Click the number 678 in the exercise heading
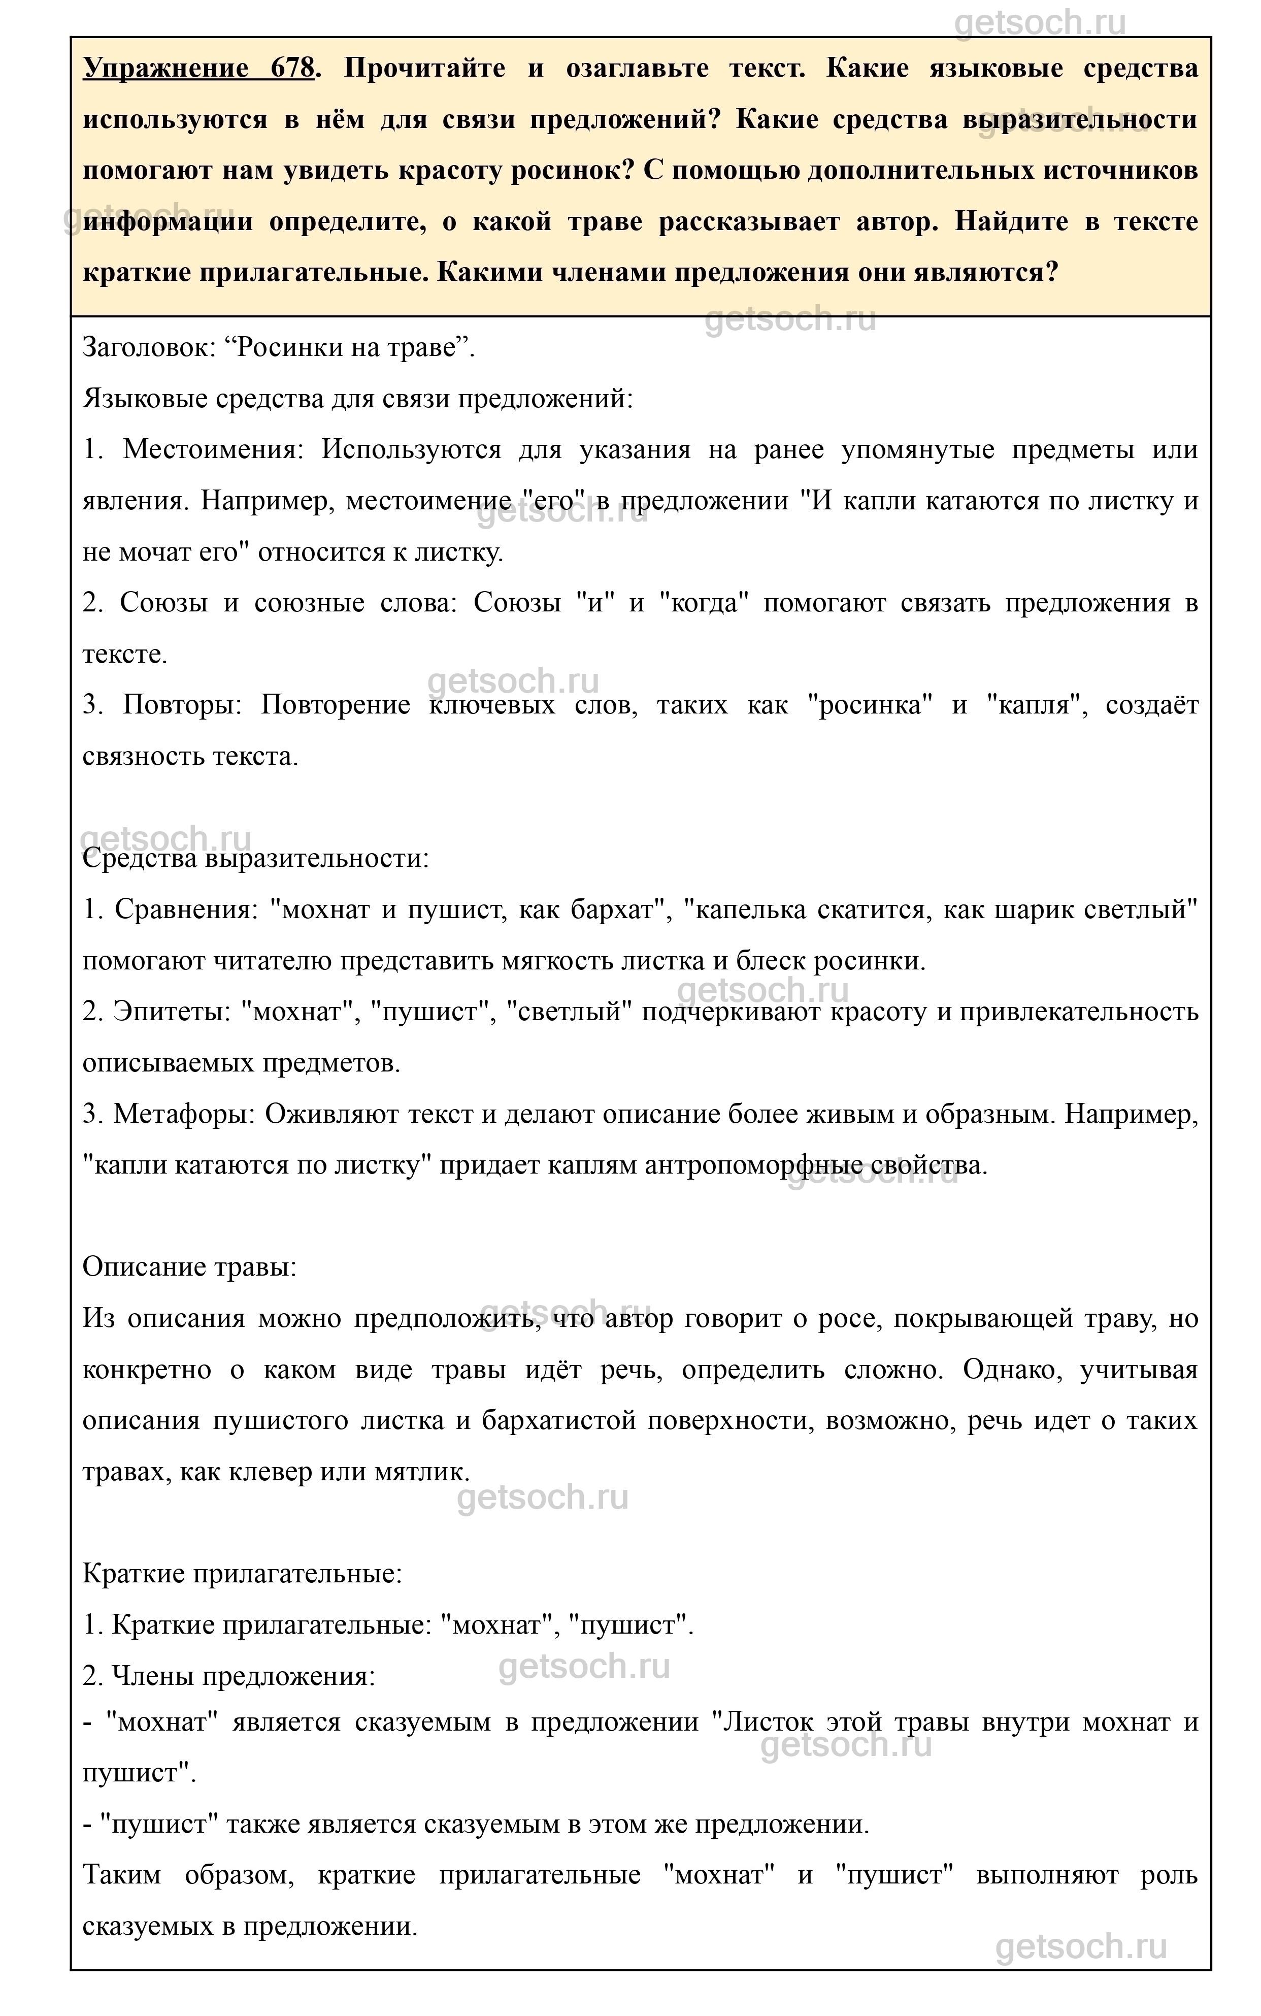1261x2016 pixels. point(292,69)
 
